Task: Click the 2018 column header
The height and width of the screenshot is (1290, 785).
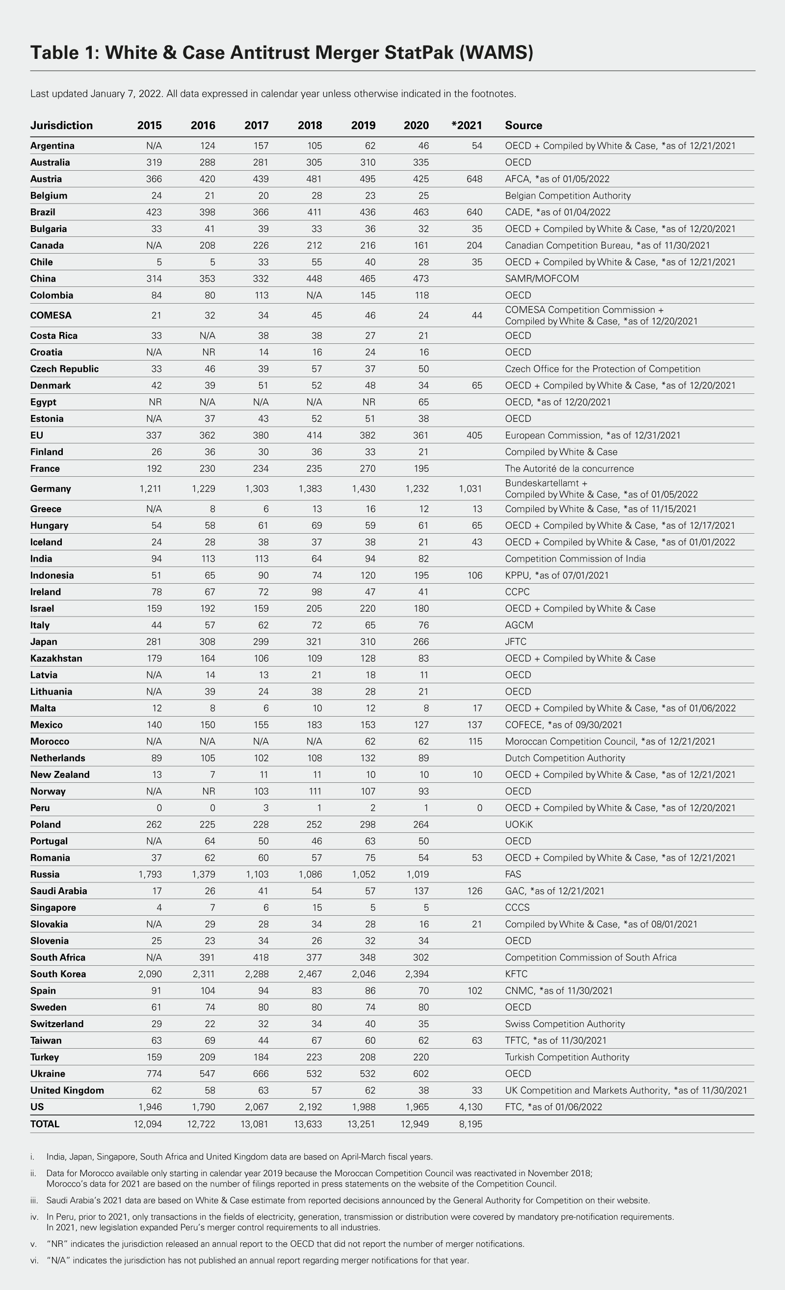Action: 310,125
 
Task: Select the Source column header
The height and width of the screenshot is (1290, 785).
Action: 523,125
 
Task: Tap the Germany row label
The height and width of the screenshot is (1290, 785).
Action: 50,489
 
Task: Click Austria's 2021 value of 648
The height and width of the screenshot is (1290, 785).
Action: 474,179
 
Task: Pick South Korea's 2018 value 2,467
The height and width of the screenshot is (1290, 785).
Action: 310,974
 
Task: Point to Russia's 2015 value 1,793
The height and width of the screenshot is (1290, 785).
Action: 150,875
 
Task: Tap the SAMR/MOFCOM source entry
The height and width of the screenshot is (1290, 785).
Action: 542,279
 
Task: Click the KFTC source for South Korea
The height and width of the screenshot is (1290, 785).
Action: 516,974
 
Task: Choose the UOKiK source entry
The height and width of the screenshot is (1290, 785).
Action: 519,825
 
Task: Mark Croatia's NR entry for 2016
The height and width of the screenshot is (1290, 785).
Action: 209,352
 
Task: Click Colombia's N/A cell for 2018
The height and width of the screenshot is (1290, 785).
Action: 314,295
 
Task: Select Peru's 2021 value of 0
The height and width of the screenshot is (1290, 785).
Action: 479,808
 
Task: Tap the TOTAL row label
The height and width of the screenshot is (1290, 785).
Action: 45,1124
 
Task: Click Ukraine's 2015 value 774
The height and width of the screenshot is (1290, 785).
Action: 153,1074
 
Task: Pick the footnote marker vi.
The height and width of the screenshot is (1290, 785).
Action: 34,1261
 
